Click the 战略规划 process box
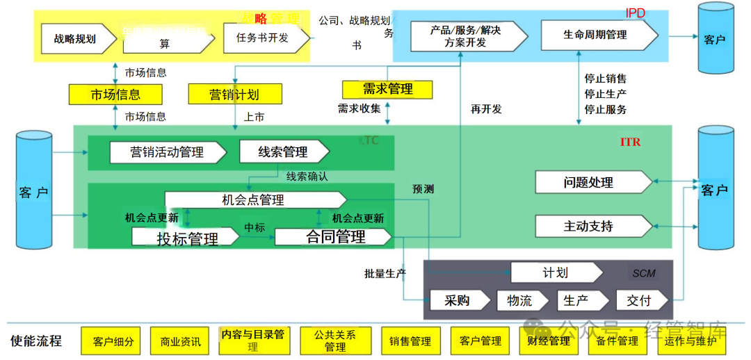pos(75,39)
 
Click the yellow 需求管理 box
pos(387,89)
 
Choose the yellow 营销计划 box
pos(234,94)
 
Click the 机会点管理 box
pos(254,200)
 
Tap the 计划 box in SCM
pos(555,272)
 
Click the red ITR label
pos(631,142)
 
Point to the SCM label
pos(644,273)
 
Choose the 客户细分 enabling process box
pos(113,341)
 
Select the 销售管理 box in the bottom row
pos(410,341)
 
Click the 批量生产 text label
pos(385,274)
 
